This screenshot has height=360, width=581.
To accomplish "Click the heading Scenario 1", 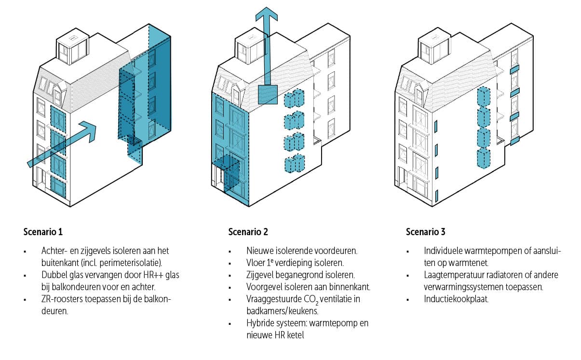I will pos(43,232).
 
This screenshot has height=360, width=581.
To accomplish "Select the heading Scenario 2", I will pos(248,232).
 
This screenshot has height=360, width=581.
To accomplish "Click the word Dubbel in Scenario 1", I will pos(54,275).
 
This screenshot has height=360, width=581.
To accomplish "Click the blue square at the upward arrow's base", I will pos(267,94).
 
